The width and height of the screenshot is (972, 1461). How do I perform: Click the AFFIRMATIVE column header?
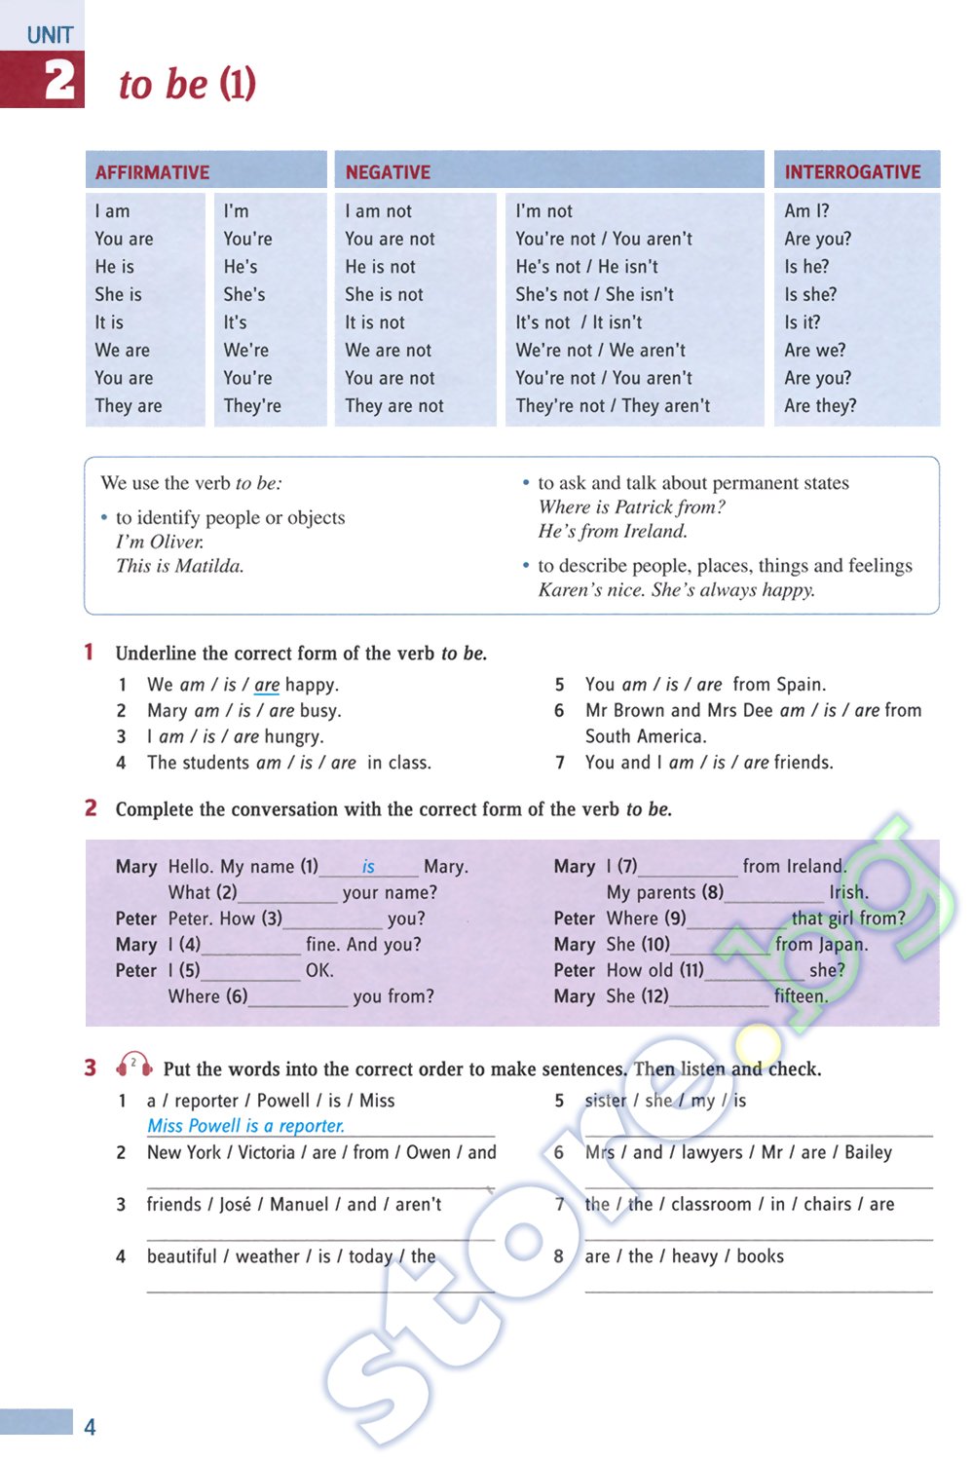click(152, 172)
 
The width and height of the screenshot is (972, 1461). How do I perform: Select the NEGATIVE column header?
click(388, 172)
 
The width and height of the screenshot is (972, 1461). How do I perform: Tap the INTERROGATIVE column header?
click(852, 172)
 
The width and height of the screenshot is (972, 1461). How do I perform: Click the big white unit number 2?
click(58, 80)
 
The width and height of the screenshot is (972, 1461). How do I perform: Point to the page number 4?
click(90, 1427)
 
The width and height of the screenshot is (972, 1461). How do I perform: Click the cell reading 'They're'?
click(252, 405)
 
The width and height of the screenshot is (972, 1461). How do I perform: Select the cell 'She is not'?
click(384, 294)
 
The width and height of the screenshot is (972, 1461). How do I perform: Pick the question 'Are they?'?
click(820, 405)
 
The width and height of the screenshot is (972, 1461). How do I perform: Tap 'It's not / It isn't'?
click(579, 322)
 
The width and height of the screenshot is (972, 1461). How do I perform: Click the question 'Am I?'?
click(806, 210)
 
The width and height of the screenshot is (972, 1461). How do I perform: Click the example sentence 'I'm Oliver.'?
click(160, 542)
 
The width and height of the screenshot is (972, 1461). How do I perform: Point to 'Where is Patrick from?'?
click(631, 506)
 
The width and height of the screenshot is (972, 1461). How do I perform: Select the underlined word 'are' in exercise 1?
click(267, 685)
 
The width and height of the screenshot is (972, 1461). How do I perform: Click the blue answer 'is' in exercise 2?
click(368, 866)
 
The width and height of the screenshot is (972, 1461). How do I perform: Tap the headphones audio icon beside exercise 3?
click(134, 1065)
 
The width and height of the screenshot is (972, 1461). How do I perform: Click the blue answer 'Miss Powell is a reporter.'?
click(245, 1126)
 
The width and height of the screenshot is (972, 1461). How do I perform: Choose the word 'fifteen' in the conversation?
click(800, 996)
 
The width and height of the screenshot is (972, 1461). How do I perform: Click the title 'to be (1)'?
click(187, 84)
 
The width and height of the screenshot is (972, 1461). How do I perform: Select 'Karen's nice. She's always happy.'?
click(676, 589)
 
